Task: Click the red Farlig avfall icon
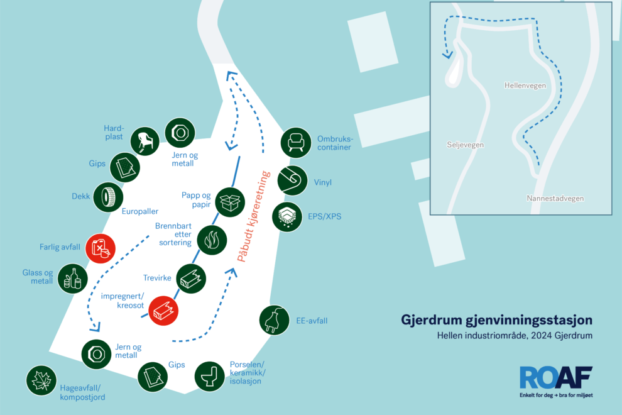coord(101,248)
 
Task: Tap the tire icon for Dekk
coord(108,197)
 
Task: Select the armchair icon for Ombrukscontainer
coord(295,143)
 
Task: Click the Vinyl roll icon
coord(292,180)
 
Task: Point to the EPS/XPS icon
coord(287,217)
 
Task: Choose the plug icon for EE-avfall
coord(275,320)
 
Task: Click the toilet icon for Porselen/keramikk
coord(210,377)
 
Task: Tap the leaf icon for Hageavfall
coord(41,380)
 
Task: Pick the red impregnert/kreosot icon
coord(163,311)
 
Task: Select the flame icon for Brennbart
coord(212,240)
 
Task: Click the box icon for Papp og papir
coord(230,202)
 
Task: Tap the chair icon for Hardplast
coord(145,141)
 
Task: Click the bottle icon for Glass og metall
coord(73,279)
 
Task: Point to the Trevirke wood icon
coord(191,279)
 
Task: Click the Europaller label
coord(140,211)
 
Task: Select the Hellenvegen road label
coord(525,86)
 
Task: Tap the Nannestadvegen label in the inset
coord(555,198)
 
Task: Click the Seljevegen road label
coord(466,145)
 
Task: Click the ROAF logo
coord(556,381)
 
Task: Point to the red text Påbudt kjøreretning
coord(253,216)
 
